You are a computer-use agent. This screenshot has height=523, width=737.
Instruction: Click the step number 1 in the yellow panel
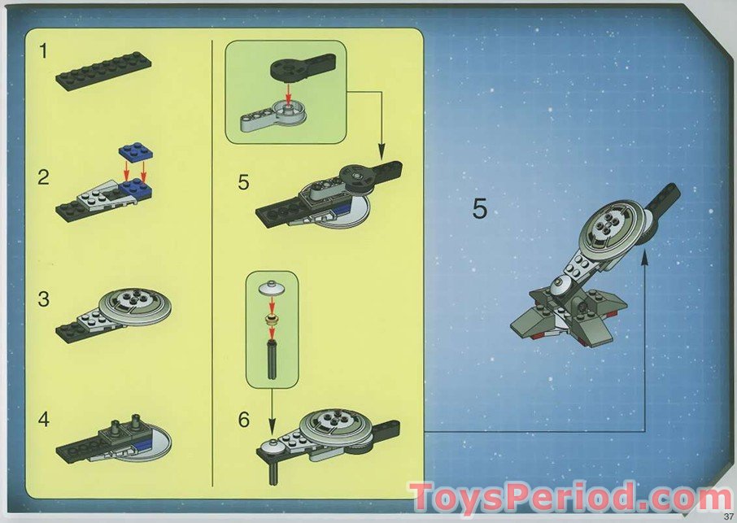tap(44, 51)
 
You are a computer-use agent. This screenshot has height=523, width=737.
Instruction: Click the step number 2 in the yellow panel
tap(44, 177)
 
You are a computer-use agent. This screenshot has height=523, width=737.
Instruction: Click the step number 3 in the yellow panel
tap(44, 299)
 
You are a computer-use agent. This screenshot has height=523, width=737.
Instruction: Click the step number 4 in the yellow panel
tap(44, 420)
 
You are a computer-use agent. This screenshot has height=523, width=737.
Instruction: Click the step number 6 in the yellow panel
tap(243, 420)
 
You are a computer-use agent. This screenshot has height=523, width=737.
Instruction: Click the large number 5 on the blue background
tap(480, 209)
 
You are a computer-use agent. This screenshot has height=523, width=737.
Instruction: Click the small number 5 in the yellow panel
tap(243, 181)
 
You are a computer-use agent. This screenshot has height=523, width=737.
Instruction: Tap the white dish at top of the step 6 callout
tap(271, 288)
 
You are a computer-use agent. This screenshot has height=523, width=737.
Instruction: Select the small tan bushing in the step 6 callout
tap(271, 316)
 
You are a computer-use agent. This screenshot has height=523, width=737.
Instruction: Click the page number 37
tap(726, 514)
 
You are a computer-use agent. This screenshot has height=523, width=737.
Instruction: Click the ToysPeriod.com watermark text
tap(569, 496)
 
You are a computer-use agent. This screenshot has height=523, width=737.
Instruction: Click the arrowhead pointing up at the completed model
tap(645, 259)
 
